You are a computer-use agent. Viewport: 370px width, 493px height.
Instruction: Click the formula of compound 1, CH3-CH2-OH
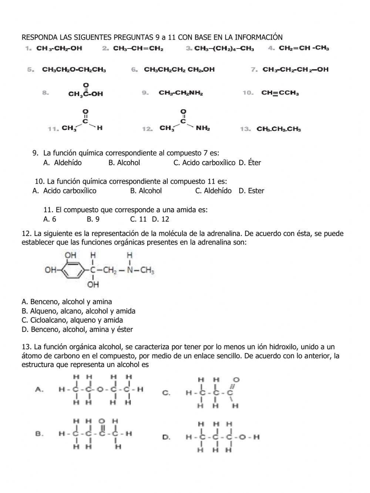pos(59,48)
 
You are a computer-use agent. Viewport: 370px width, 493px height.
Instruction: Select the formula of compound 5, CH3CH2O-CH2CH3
pos(74,70)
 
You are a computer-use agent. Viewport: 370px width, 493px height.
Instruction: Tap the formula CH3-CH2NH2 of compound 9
pos(181,93)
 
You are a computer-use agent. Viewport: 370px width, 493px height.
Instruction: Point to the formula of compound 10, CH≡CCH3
pos(280,93)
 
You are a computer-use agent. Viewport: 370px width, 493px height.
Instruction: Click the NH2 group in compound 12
pos(203,129)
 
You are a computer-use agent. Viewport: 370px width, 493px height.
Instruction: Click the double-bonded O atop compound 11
pos(85,111)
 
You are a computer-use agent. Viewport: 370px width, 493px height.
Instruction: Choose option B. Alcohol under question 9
pos(124,163)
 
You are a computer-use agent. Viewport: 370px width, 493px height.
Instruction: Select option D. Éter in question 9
pos(250,163)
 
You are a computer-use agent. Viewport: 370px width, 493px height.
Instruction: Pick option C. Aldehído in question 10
pos(213,191)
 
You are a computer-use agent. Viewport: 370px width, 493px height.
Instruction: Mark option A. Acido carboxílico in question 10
pos(64,191)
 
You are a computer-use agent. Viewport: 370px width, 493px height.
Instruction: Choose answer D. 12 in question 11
pos(161,219)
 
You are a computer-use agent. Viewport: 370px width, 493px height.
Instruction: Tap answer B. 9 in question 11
pos(93,219)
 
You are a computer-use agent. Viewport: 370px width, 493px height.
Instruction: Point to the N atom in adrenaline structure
pos(129,270)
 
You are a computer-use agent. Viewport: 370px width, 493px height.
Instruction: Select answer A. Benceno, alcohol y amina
pos(67,302)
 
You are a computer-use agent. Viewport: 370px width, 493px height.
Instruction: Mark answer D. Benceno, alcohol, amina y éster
pos(77,329)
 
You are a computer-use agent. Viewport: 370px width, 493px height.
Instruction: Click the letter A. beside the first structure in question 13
pos(40,389)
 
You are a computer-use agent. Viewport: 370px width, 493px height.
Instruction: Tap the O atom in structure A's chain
pos(100,389)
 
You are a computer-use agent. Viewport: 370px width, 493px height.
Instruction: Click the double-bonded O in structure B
pos(102,421)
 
